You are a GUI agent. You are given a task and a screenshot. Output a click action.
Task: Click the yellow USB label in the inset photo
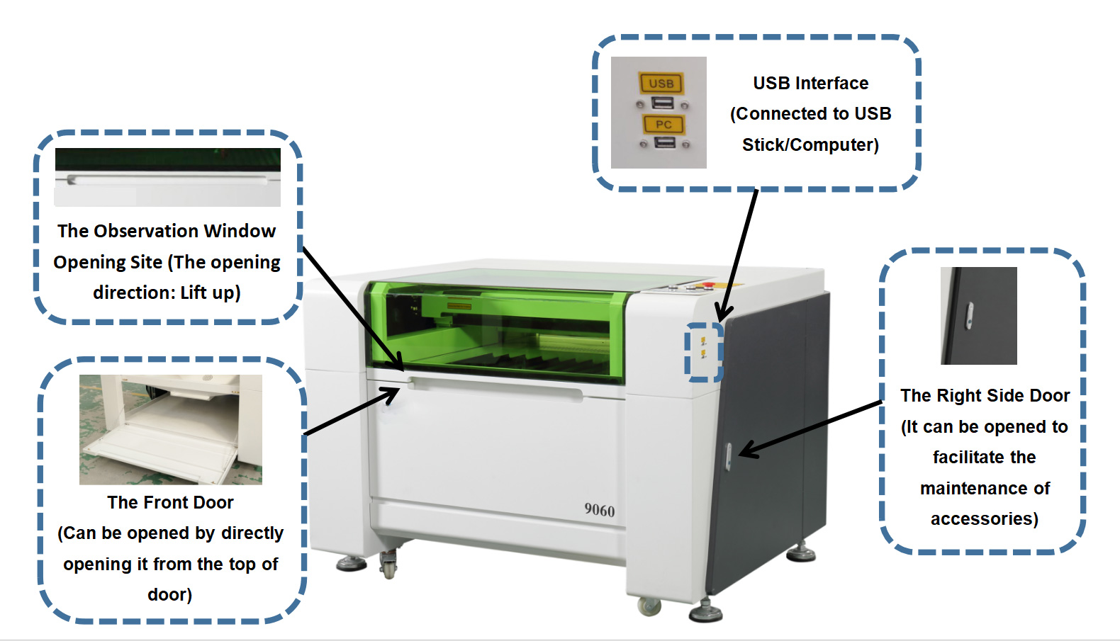pyautogui.click(x=661, y=83)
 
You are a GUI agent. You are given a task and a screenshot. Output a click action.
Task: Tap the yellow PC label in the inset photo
pyautogui.click(x=663, y=125)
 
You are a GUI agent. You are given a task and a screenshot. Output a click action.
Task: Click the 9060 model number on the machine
pyautogui.click(x=600, y=510)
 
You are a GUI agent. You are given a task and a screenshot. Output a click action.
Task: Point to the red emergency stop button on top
pyautogui.click(x=708, y=285)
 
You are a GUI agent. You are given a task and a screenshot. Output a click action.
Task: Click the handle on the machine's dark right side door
pyautogui.click(x=728, y=456)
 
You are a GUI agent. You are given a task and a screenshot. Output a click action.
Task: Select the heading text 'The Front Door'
pyautogui.click(x=170, y=502)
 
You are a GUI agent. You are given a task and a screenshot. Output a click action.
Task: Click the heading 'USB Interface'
pyautogui.click(x=810, y=83)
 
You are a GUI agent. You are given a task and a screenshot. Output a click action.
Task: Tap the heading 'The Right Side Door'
pyautogui.click(x=985, y=395)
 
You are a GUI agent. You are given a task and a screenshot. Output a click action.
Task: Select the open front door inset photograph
pyautogui.click(x=170, y=429)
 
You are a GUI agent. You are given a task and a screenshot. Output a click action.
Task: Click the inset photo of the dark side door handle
pyautogui.click(x=978, y=316)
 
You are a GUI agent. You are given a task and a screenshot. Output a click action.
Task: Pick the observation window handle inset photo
pyautogui.click(x=167, y=177)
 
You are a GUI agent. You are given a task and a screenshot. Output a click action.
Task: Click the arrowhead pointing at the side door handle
pyautogui.click(x=746, y=450)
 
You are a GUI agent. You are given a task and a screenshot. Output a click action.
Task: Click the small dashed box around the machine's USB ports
pyautogui.click(x=703, y=352)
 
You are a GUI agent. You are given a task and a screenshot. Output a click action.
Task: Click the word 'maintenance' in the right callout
pyautogui.click(x=985, y=488)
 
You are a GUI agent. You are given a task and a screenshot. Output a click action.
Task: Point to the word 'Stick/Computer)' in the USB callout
pyautogui.click(x=810, y=144)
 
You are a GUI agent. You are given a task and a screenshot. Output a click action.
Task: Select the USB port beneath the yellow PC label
pyautogui.click(x=665, y=143)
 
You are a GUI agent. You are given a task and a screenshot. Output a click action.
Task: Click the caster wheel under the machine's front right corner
pyautogui.click(x=649, y=606)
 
